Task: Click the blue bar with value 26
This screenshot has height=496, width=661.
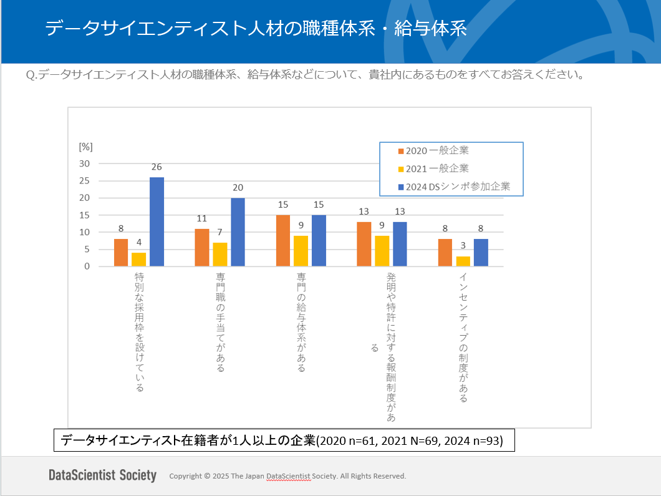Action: (x=157, y=222)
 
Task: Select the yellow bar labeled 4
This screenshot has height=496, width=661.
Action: (x=138, y=260)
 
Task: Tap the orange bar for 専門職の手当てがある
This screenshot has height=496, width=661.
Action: (x=202, y=248)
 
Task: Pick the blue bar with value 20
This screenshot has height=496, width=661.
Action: (x=238, y=232)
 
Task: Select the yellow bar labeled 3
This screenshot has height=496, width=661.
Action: (x=463, y=261)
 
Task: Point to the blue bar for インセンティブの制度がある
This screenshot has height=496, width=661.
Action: (x=481, y=253)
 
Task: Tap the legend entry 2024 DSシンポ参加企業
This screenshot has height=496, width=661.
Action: (x=453, y=186)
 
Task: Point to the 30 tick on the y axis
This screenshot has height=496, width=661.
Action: (x=84, y=163)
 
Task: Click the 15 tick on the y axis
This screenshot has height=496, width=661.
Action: (x=84, y=215)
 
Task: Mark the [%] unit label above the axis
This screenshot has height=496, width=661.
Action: (x=85, y=147)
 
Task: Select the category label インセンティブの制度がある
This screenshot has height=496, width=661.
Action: (x=463, y=337)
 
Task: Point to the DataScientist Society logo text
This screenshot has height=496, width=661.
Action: (x=102, y=475)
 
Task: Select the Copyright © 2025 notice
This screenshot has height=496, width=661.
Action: (x=287, y=476)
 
